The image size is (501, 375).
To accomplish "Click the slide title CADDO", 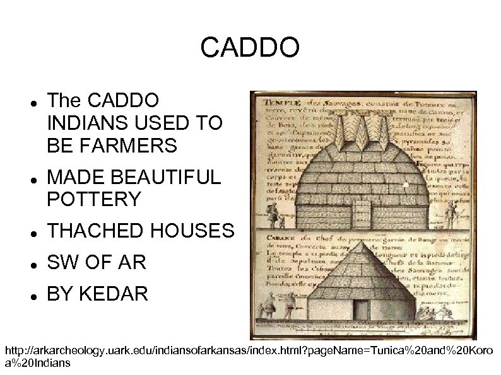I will [x=250, y=48].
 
